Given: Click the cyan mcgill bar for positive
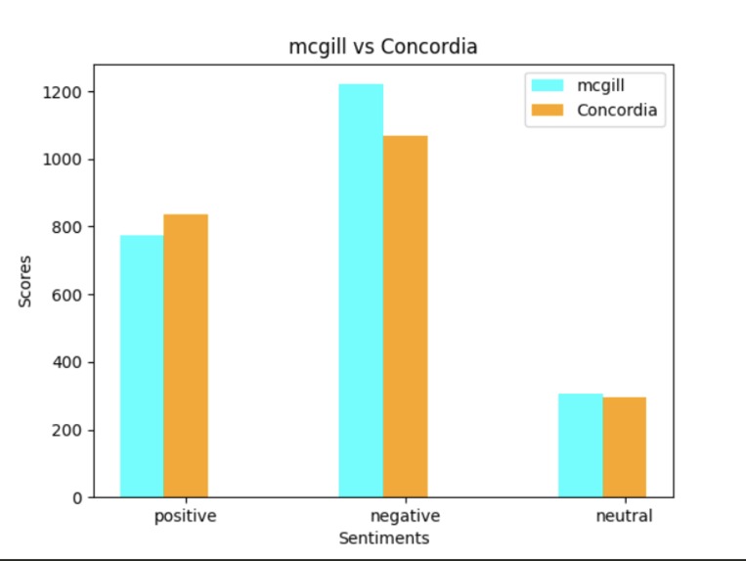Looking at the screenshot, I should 142,366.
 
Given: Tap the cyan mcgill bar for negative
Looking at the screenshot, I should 361,291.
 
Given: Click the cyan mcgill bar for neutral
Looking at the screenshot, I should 580,445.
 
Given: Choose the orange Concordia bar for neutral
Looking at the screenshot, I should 624,447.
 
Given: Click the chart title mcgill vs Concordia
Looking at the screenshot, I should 383,46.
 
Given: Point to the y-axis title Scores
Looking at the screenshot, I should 25,281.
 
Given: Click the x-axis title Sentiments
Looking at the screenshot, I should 383,538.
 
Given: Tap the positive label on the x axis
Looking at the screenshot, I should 186,515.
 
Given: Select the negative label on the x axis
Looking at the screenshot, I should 405,515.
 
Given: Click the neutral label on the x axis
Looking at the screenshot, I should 624,515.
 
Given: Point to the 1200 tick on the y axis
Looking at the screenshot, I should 61,92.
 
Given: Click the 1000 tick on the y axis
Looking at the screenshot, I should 61,160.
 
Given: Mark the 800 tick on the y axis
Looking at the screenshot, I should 65,227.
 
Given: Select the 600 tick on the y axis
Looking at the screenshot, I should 65,295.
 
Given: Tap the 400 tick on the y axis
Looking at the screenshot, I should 65,362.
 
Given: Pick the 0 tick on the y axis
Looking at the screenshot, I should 74,497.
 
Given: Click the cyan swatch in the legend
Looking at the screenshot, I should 548,85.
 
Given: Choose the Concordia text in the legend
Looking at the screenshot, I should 617,110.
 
